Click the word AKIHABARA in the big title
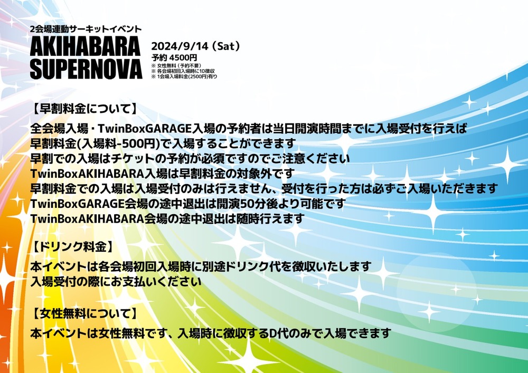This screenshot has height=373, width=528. pyautogui.click(x=85, y=46)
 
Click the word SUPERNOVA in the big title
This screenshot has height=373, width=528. pyautogui.click(x=86, y=69)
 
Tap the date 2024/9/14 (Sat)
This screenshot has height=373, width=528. pyautogui.click(x=195, y=46)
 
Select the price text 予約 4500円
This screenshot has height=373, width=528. pyautogui.click(x=174, y=58)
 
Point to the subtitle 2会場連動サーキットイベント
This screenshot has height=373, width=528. pyautogui.click(x=86, y=29)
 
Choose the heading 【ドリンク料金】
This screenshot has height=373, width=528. pyautogui.click(x=73, y=247)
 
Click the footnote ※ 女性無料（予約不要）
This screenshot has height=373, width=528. pyautogui.click(x=176, y=65)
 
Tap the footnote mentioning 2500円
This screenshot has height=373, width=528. pyautogui.click(x=184, y=76)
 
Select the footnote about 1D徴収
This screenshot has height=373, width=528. pyautogui.click(x=183, y=71)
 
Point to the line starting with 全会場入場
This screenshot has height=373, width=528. pyautogui.click(x=249, y=128)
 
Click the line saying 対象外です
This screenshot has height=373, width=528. pyautogui.click(x=162, y=174)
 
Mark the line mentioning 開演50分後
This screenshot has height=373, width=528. pyautogui.click(x=188, y=204)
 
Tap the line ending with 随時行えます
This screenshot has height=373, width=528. pyautogui.click(x=167, y=218)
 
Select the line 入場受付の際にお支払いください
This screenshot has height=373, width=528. pyautogui.click(x=116, y=281)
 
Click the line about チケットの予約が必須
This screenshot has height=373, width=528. pyautogui.click(x=190, y=158)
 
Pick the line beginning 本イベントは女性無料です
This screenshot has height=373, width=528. pyautogui.click(x=211, y=333)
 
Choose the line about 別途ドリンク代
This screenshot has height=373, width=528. pyautogui.click(x=201, y=266)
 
